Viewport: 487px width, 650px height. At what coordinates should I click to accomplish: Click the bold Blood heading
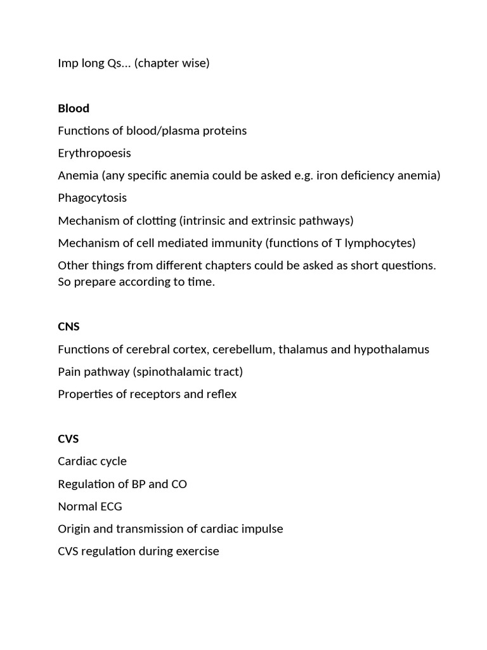point(74,108)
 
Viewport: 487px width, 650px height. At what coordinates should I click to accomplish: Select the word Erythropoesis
point(94,153)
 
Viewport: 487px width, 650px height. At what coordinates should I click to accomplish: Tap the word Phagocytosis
point(92,198)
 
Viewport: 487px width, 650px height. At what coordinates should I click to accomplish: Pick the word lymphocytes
point(380,242)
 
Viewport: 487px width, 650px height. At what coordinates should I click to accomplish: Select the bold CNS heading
point(68,327)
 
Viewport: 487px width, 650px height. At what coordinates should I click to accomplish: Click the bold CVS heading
point(68,439)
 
